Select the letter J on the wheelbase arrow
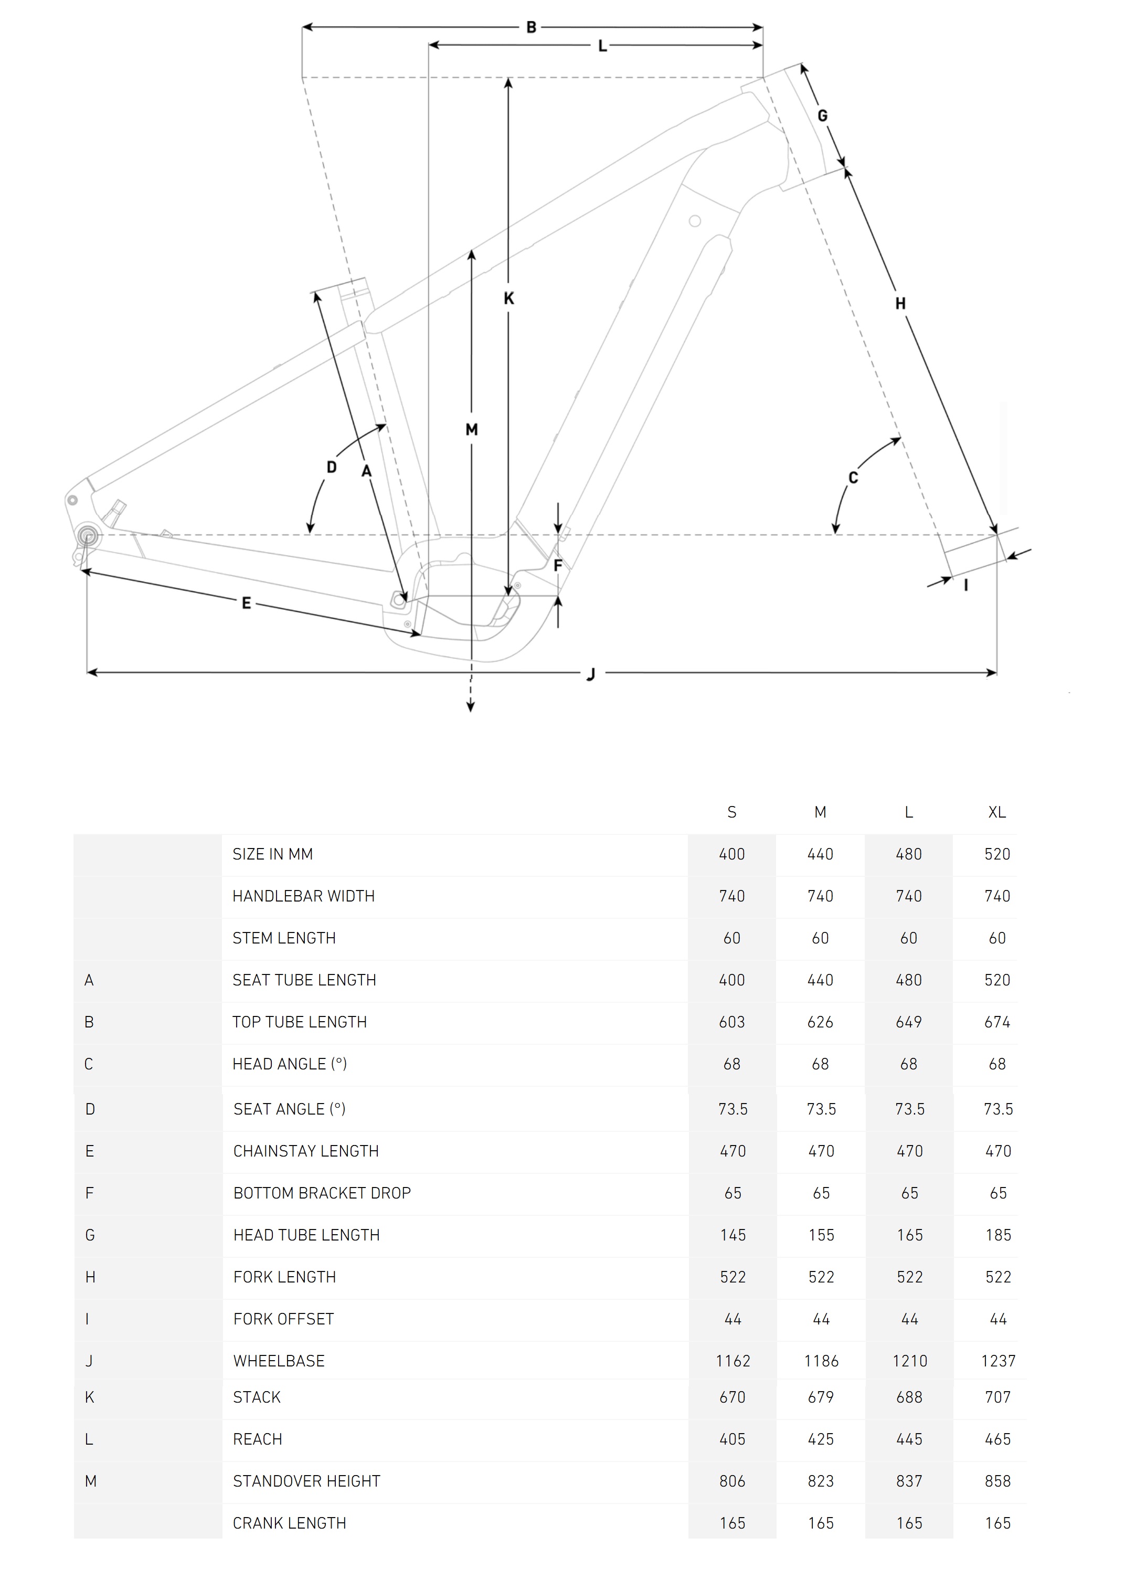(591, 674)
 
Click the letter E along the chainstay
(246, 603)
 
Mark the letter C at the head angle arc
(853, 478)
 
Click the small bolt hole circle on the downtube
(695, 221)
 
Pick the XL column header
(997, 812)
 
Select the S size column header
(732, 812)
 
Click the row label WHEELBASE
(279, 1361)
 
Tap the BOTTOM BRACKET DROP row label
(322, 1193)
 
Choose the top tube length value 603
(732, 1022)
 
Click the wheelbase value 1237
(999, 1361)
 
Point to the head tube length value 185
(999, 1235)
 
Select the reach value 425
(821, 1439)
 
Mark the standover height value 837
(910, 1481)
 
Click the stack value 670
(733, 1397)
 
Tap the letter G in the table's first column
(90, 1235)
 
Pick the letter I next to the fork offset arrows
(966, 585)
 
